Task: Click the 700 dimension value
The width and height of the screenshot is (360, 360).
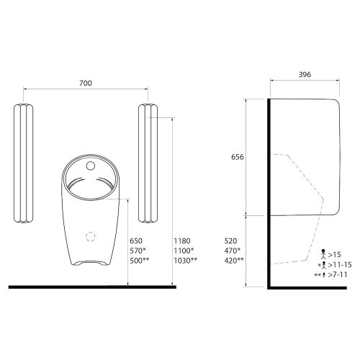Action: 86,83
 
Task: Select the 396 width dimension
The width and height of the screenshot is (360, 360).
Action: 305,75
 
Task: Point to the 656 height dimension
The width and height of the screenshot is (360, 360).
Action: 238,157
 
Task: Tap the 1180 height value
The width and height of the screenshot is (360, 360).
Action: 182,240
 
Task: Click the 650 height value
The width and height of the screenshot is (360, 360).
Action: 136,240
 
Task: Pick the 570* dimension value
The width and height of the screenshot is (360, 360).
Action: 138,251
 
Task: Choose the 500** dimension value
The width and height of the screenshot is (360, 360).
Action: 140,261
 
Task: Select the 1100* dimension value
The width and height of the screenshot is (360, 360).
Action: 184,251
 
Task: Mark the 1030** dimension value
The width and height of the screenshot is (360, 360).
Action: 186,261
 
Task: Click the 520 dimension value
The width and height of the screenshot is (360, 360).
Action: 230,240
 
